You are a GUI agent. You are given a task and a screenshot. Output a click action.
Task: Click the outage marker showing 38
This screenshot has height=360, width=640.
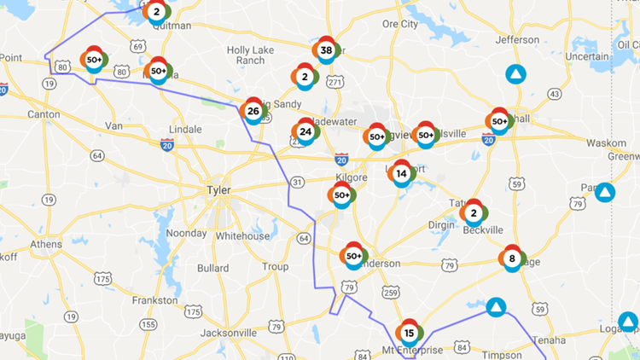[x=326, y=50]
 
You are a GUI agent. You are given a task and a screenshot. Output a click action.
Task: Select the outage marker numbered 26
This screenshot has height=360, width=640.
[x=253, y=111]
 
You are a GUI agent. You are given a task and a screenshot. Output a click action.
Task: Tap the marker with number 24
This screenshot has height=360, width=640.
[x=305, y=132]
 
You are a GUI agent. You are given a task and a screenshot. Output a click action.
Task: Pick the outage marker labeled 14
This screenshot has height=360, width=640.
[x=401, y=173]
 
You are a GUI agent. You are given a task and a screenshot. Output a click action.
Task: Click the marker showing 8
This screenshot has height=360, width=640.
[x=512, y=258]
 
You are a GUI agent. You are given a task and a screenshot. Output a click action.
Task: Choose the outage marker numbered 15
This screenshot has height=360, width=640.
[x=410, y=333]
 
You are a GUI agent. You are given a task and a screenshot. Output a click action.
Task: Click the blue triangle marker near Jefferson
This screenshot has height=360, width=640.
[x=515, y=74]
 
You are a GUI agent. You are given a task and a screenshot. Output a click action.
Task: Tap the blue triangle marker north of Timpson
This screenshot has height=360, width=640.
[x=496, y=306]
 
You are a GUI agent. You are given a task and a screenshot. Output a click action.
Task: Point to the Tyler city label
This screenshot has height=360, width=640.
[x=219, y=189]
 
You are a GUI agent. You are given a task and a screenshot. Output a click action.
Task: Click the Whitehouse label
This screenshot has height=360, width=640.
[x=242, y=236]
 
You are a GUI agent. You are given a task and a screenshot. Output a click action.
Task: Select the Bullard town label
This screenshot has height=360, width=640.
[x=212, y=268]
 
